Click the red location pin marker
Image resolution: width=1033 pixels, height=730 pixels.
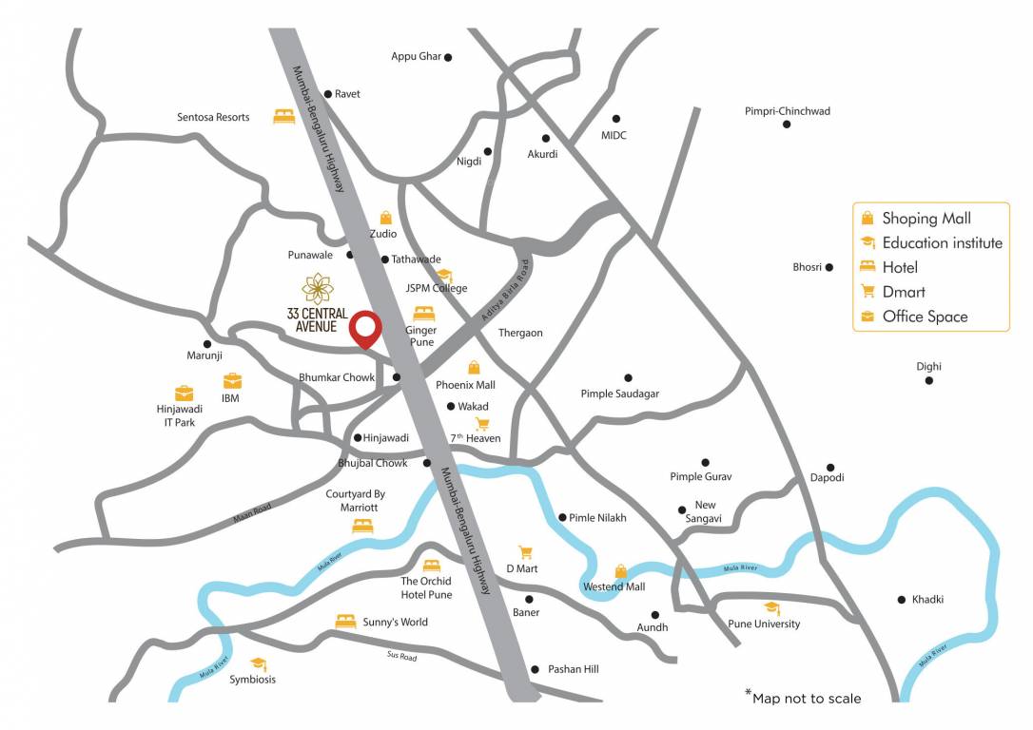pyautogui.click(x=365, y=328)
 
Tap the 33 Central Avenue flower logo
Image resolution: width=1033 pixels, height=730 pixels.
pyautogui.click(x=316, y=287)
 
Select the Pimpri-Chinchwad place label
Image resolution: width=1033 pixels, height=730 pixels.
pyautogui.click(x=787, y=111)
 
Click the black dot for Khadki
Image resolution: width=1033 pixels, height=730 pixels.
pyautogui.click(x=901, y=599)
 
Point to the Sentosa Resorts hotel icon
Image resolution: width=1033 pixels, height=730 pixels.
pyautogui.click(x=283, y=116)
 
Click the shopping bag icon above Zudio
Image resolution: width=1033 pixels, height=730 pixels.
pyautogui.click(x=385, y=218)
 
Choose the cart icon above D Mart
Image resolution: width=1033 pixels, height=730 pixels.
pyautogui.click(x=524, y=551)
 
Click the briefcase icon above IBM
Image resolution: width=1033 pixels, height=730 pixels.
pyautogui.click(x=231, y=380)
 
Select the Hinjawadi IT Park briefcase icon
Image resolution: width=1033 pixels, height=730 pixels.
pyautogui.click(x=184, y=392)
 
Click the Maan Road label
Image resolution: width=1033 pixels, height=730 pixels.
pyautogui.click(x=252, y=513)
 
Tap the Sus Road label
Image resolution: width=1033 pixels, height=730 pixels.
pyautogui.click(x=401, y=656)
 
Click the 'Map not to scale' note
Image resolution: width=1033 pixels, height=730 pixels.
pyautogui.click(x=804, y=698)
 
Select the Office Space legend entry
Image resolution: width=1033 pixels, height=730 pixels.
pyautogui.click(x=925, y=317)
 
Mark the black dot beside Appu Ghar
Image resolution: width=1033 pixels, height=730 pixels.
pyautogui.click(x=448, y=57)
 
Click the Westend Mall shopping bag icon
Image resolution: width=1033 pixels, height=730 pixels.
pyautogui.click(x=620, y=571)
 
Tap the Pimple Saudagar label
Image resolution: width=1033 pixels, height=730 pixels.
pyautogui.click(x=619, y=394)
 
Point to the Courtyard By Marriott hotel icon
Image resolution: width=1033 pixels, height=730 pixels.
pyautogui.click(x=362, y=525)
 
